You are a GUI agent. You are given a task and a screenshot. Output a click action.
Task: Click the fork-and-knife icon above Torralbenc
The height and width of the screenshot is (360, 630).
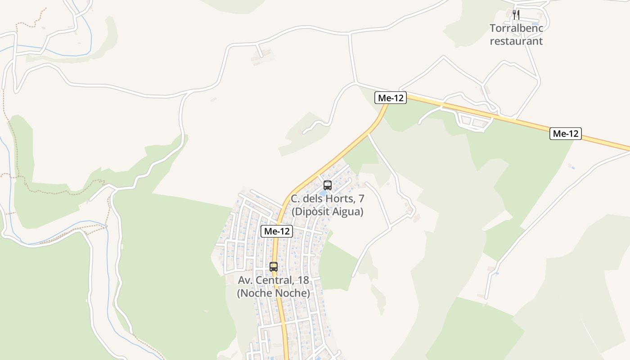click(x=516, y=15)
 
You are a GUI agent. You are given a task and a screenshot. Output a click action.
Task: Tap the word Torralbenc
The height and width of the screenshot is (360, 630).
click(x=516, y=28)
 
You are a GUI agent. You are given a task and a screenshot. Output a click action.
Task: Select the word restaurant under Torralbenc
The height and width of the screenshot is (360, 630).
click(x=516, y=41)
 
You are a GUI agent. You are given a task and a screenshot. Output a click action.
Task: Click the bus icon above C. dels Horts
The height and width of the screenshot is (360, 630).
click(x=328, y=185)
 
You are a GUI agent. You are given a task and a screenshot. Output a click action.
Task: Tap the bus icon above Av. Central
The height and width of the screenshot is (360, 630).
click(x=274, y=266)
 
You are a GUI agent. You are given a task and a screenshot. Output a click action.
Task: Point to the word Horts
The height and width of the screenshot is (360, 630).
click(x=341, y=198)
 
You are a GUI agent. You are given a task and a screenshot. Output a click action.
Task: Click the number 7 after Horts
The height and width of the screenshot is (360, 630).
click(x=361, y=198)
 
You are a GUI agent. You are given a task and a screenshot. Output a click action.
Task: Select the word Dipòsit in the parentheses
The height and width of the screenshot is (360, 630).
click(x=311, y=211)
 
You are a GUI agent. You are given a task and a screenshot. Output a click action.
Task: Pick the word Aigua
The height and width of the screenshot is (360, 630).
click(x=346, y=211)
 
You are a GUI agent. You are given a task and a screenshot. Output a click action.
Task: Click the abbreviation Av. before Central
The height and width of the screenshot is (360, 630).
click(x=246, y=280)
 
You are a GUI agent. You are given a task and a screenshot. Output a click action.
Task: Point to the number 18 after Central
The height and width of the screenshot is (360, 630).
click(x=303, y=280)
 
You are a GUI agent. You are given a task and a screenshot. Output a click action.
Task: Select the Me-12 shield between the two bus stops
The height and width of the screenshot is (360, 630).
click(x=277, y=231)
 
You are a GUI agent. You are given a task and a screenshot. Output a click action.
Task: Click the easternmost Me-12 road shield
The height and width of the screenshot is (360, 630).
click(x=566, y=134)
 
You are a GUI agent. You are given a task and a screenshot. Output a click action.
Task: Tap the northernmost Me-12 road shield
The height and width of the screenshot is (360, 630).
click(x=391, y=98)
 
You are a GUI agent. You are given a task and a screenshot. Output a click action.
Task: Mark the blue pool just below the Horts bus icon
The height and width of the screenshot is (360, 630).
click(x=323, y=193)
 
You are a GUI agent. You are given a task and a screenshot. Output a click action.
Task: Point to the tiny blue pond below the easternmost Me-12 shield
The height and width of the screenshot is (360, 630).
click(x=572, y=168)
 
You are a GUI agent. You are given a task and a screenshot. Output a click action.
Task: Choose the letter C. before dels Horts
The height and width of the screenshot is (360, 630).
click(x=295, y=198)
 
